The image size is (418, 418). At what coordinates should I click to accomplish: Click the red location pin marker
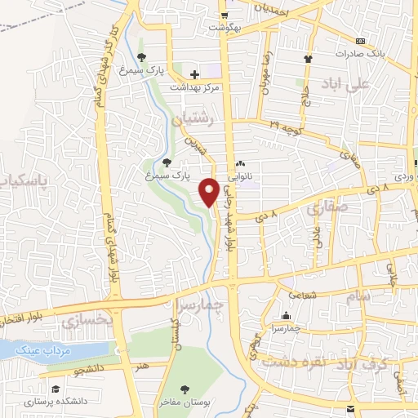click(209, 191)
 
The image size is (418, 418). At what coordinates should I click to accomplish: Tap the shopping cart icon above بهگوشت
click(224, 15)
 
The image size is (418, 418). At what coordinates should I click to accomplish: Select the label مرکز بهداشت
click(194, 87)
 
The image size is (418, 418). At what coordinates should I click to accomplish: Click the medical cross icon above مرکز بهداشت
click(194, 74)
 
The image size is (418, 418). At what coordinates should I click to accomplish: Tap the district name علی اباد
click(369, 83)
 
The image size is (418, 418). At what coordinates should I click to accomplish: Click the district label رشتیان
click(197, 119)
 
